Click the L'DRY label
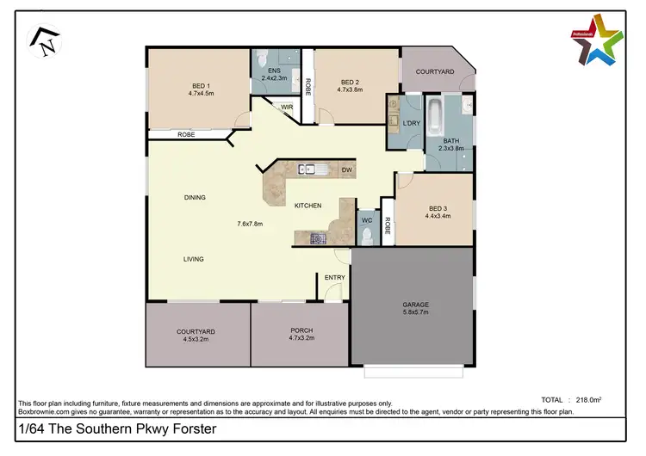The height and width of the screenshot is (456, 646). pyautogui.click(x=412, y=124)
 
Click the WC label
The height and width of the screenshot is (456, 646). pyautogui.click(x=366, y=220)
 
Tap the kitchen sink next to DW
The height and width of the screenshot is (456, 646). pyautogui.click(x=309, y=169)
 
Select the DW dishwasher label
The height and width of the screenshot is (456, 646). pyautogui.click(x=346, y=170)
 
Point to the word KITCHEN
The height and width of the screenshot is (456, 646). pyautogui.click(x=307, y=206)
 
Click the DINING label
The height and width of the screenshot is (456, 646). pyautogui.click(x=195, y=197)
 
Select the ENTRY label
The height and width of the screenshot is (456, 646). pyautogui.click(x=334, y=277)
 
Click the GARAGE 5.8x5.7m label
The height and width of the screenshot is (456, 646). pyautogui.click(x=415, y=308)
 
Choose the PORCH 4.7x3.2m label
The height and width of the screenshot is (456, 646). pyautogui.click(x=301, y=335)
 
